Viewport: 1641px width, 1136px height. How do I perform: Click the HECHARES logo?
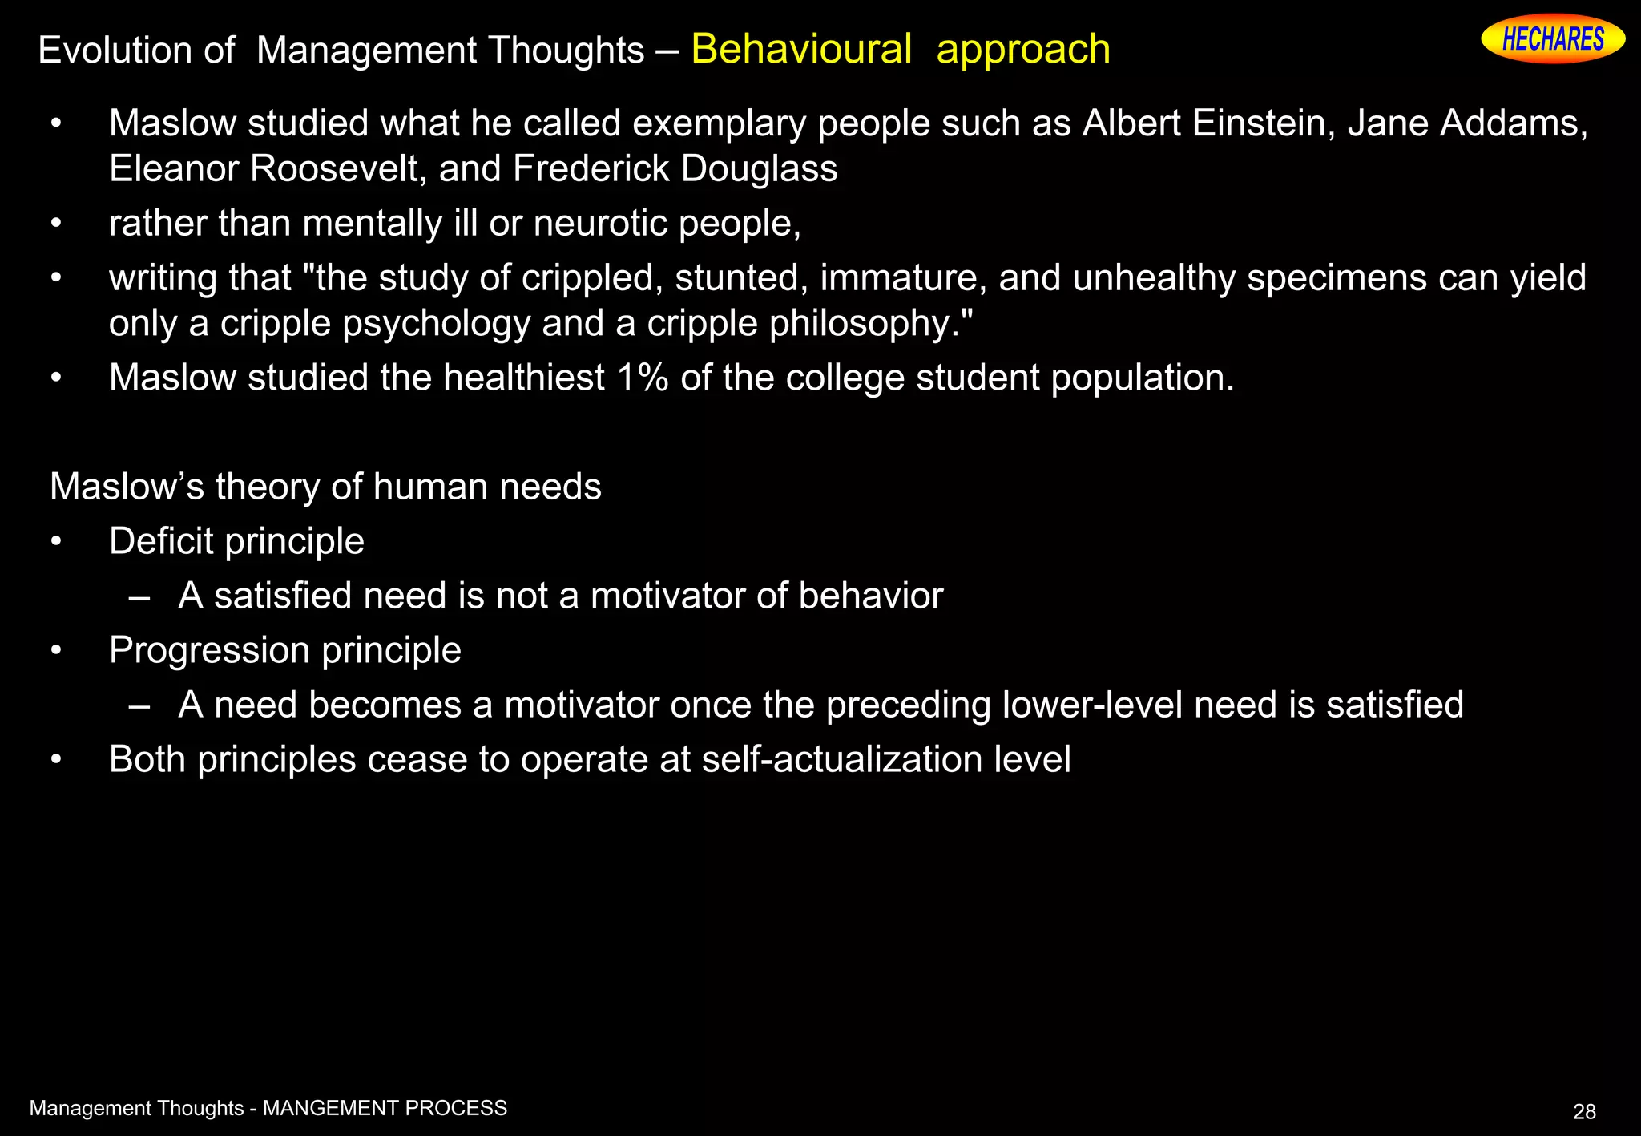[x=1552, y=39]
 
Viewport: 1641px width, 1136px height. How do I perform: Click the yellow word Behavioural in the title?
[x=801, y=49]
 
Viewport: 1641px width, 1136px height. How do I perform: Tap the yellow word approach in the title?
[x=1023, y=51]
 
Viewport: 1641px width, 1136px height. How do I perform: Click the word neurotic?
[x=601, y=224]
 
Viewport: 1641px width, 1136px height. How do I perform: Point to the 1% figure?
[x=643, y=378]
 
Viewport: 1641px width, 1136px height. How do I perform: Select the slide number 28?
[x=1584, y=1112]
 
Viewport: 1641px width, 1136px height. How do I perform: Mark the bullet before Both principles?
[x=55, y=759]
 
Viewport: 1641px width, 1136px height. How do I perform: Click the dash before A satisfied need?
[x=139, y=596]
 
